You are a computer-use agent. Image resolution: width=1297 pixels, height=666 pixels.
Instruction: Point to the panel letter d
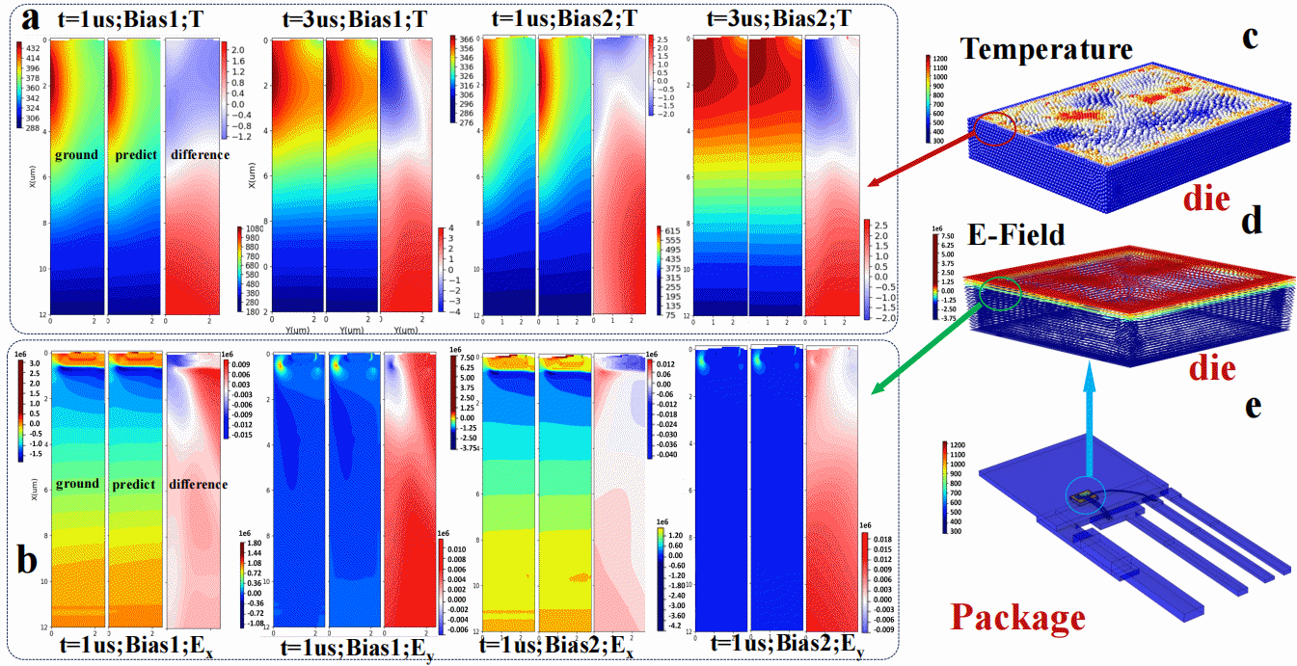[1250, 222]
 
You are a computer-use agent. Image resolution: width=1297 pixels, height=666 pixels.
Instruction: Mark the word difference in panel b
[199, 484]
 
